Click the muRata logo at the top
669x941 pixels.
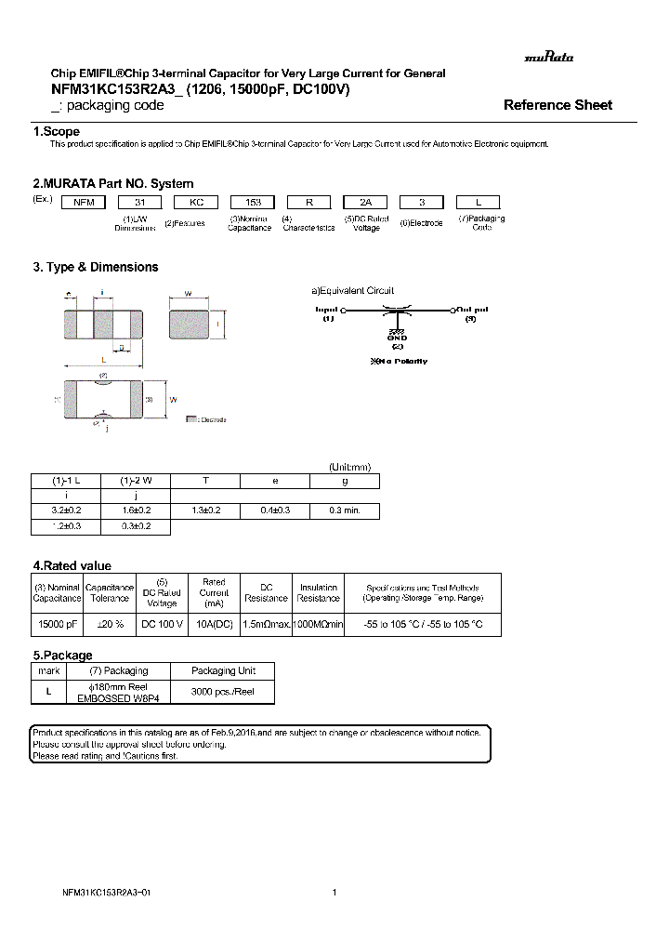(549, 57)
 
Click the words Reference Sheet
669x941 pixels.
(557, 105)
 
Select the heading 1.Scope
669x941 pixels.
(57, 132)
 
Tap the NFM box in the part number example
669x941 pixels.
(83, 201)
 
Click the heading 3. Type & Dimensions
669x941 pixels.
(96, 267)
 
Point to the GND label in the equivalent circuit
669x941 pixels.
(397, 338)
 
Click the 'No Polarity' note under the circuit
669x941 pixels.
(399, 361)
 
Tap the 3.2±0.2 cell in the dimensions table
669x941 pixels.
(66, 510)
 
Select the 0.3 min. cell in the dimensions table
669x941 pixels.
(345, 510)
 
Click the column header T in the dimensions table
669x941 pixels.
(205, 482)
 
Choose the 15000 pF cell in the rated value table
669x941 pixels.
(59, 624)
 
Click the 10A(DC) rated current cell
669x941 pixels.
(214, 624)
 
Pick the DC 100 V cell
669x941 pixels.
(162, 624)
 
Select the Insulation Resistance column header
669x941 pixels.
(319, 593)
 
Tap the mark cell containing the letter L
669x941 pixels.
(47, 693)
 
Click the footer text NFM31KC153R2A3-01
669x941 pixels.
(99, 893)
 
